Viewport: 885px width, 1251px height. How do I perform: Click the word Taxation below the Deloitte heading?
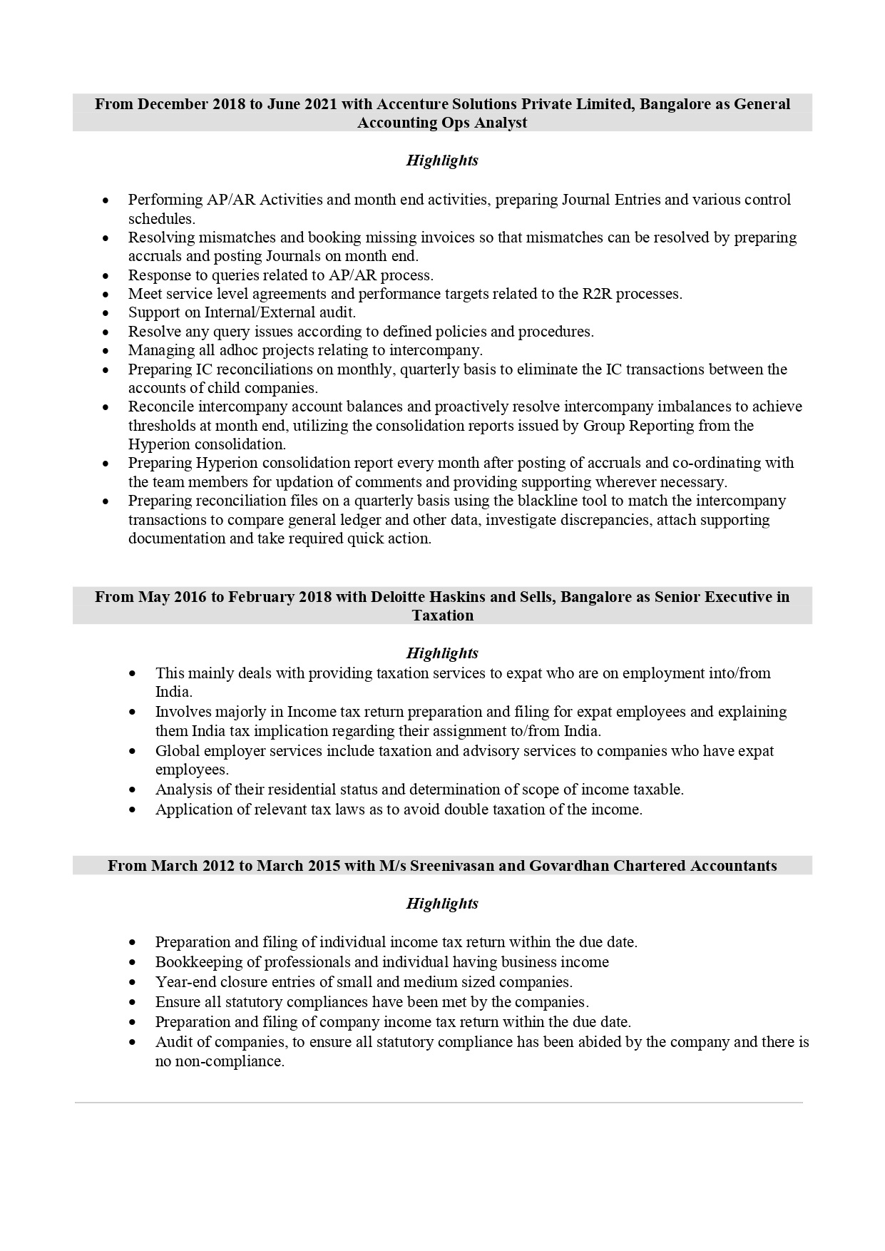[x=442, y=616]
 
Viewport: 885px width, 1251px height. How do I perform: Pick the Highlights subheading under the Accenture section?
[x=442, y=160]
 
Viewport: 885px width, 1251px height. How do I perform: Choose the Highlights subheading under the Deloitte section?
[x=442, y=653]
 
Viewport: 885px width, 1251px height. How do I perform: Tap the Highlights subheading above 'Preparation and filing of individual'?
[x=442, y=904]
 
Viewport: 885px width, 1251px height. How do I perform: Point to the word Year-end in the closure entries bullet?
[x=182, y=982]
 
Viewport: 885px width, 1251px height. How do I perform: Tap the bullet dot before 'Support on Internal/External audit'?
[x=106, y=313]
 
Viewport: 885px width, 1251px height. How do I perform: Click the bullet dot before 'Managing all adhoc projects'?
[x=106, y=351]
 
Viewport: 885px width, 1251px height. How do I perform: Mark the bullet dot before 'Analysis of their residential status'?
[x=133, y=790]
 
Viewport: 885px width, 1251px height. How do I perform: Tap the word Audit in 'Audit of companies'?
[x=173, y=1042]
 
